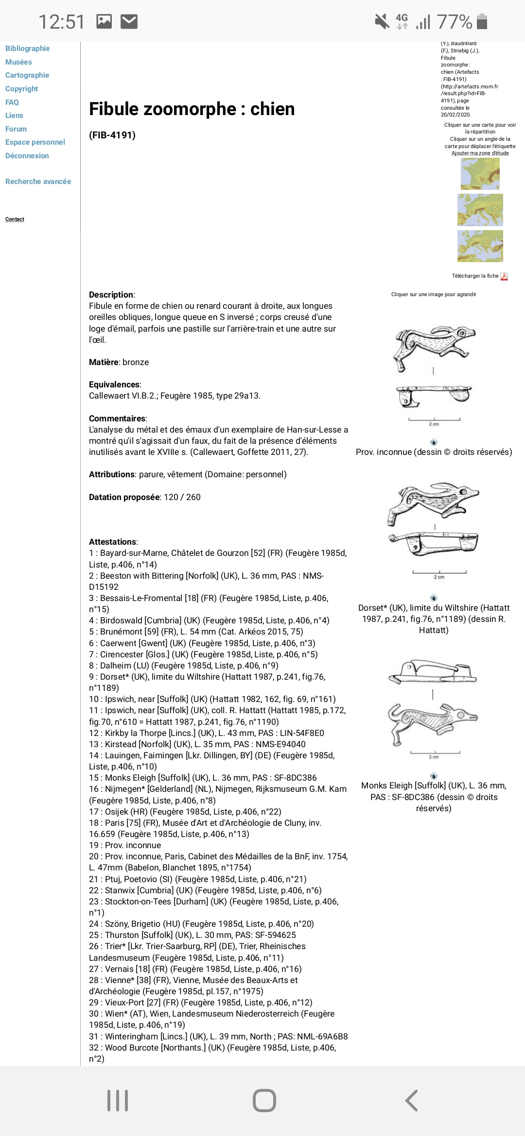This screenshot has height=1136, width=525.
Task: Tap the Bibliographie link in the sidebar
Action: pyautogui.click(x=27, y=49)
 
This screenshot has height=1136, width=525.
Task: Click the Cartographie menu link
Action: pyautogui.click(x=27, y=75)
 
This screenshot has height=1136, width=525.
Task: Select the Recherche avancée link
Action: pyautogui.click(x=38, y=182)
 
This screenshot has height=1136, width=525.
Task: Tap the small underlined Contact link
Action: pyautogui.click(x=15, y=219)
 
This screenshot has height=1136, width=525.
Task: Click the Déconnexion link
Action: pyautogui.click(x=27, y=156)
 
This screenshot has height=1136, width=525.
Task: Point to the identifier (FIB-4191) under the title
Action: pyautogui.click(x=112, y=135)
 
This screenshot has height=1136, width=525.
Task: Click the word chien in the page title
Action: pyautogui.click(x=272, y=109)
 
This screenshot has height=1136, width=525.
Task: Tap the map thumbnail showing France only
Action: pyautogui.click(x=480, y=174)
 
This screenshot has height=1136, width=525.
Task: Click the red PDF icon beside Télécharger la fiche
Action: pyautogui.click(x=504, y=276)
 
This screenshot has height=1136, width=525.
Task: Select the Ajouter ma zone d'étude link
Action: pyautogui.click(x=480, y=153)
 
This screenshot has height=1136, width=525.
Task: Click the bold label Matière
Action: pyautogui.click(x=104, y=362)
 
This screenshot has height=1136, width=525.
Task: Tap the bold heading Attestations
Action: pyautogui.click(x=113, y=542)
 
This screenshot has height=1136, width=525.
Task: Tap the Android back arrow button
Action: pyautogui.click(x=411, y=1101)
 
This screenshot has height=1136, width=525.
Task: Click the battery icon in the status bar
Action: pyautogui.click(x=482, y=22)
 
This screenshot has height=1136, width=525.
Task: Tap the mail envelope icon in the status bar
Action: pyautogui.click(x=129, y=22)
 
